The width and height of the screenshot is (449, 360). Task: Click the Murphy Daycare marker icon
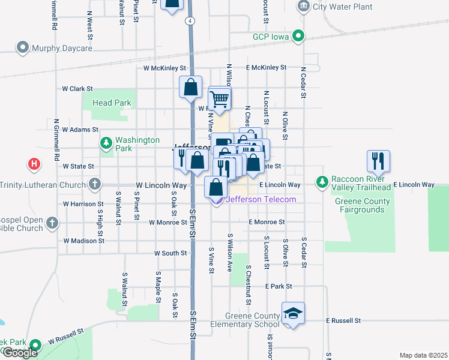[23, 47]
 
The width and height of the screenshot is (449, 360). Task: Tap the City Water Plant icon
[303, 7]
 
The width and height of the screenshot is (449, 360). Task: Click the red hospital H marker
[34, 163]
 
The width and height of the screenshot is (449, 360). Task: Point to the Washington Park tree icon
[106, 143]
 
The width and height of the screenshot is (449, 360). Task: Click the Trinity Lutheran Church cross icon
[94, 185]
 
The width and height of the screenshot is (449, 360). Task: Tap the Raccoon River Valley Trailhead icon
[322, 181]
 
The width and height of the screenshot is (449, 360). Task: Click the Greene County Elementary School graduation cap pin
[293, 313]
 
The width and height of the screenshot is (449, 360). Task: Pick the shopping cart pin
[220, 98]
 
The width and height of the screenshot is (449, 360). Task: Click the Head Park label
[112, 103]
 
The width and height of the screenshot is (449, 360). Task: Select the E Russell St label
[343, 321]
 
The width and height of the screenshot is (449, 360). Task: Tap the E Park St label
[280, 287]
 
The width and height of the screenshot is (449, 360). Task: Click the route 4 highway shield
[190, 20]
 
